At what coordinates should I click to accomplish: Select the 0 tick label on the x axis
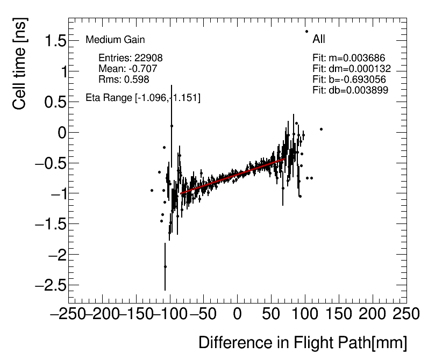(x=238, y=313)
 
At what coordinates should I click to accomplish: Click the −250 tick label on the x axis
(x=68, y=313)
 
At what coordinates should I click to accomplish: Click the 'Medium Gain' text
(x=115, y=40)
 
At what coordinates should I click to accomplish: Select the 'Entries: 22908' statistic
(x=131, y=58)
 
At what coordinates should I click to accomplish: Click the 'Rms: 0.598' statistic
(x=124, y=80)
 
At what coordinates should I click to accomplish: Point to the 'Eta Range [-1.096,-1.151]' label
(x=143, y=98)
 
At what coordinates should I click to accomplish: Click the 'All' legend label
(x=319, y=39)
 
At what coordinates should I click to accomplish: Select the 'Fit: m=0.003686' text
(x=349, y=58)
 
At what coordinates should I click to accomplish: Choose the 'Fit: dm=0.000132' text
(x=352, y=69)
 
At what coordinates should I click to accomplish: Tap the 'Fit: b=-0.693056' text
(x=349, y=80)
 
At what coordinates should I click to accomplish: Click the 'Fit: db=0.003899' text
(x=350, y=90)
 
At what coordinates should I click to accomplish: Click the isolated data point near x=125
(x=321, y=129)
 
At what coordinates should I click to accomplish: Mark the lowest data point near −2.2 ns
(x=165, y=266)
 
